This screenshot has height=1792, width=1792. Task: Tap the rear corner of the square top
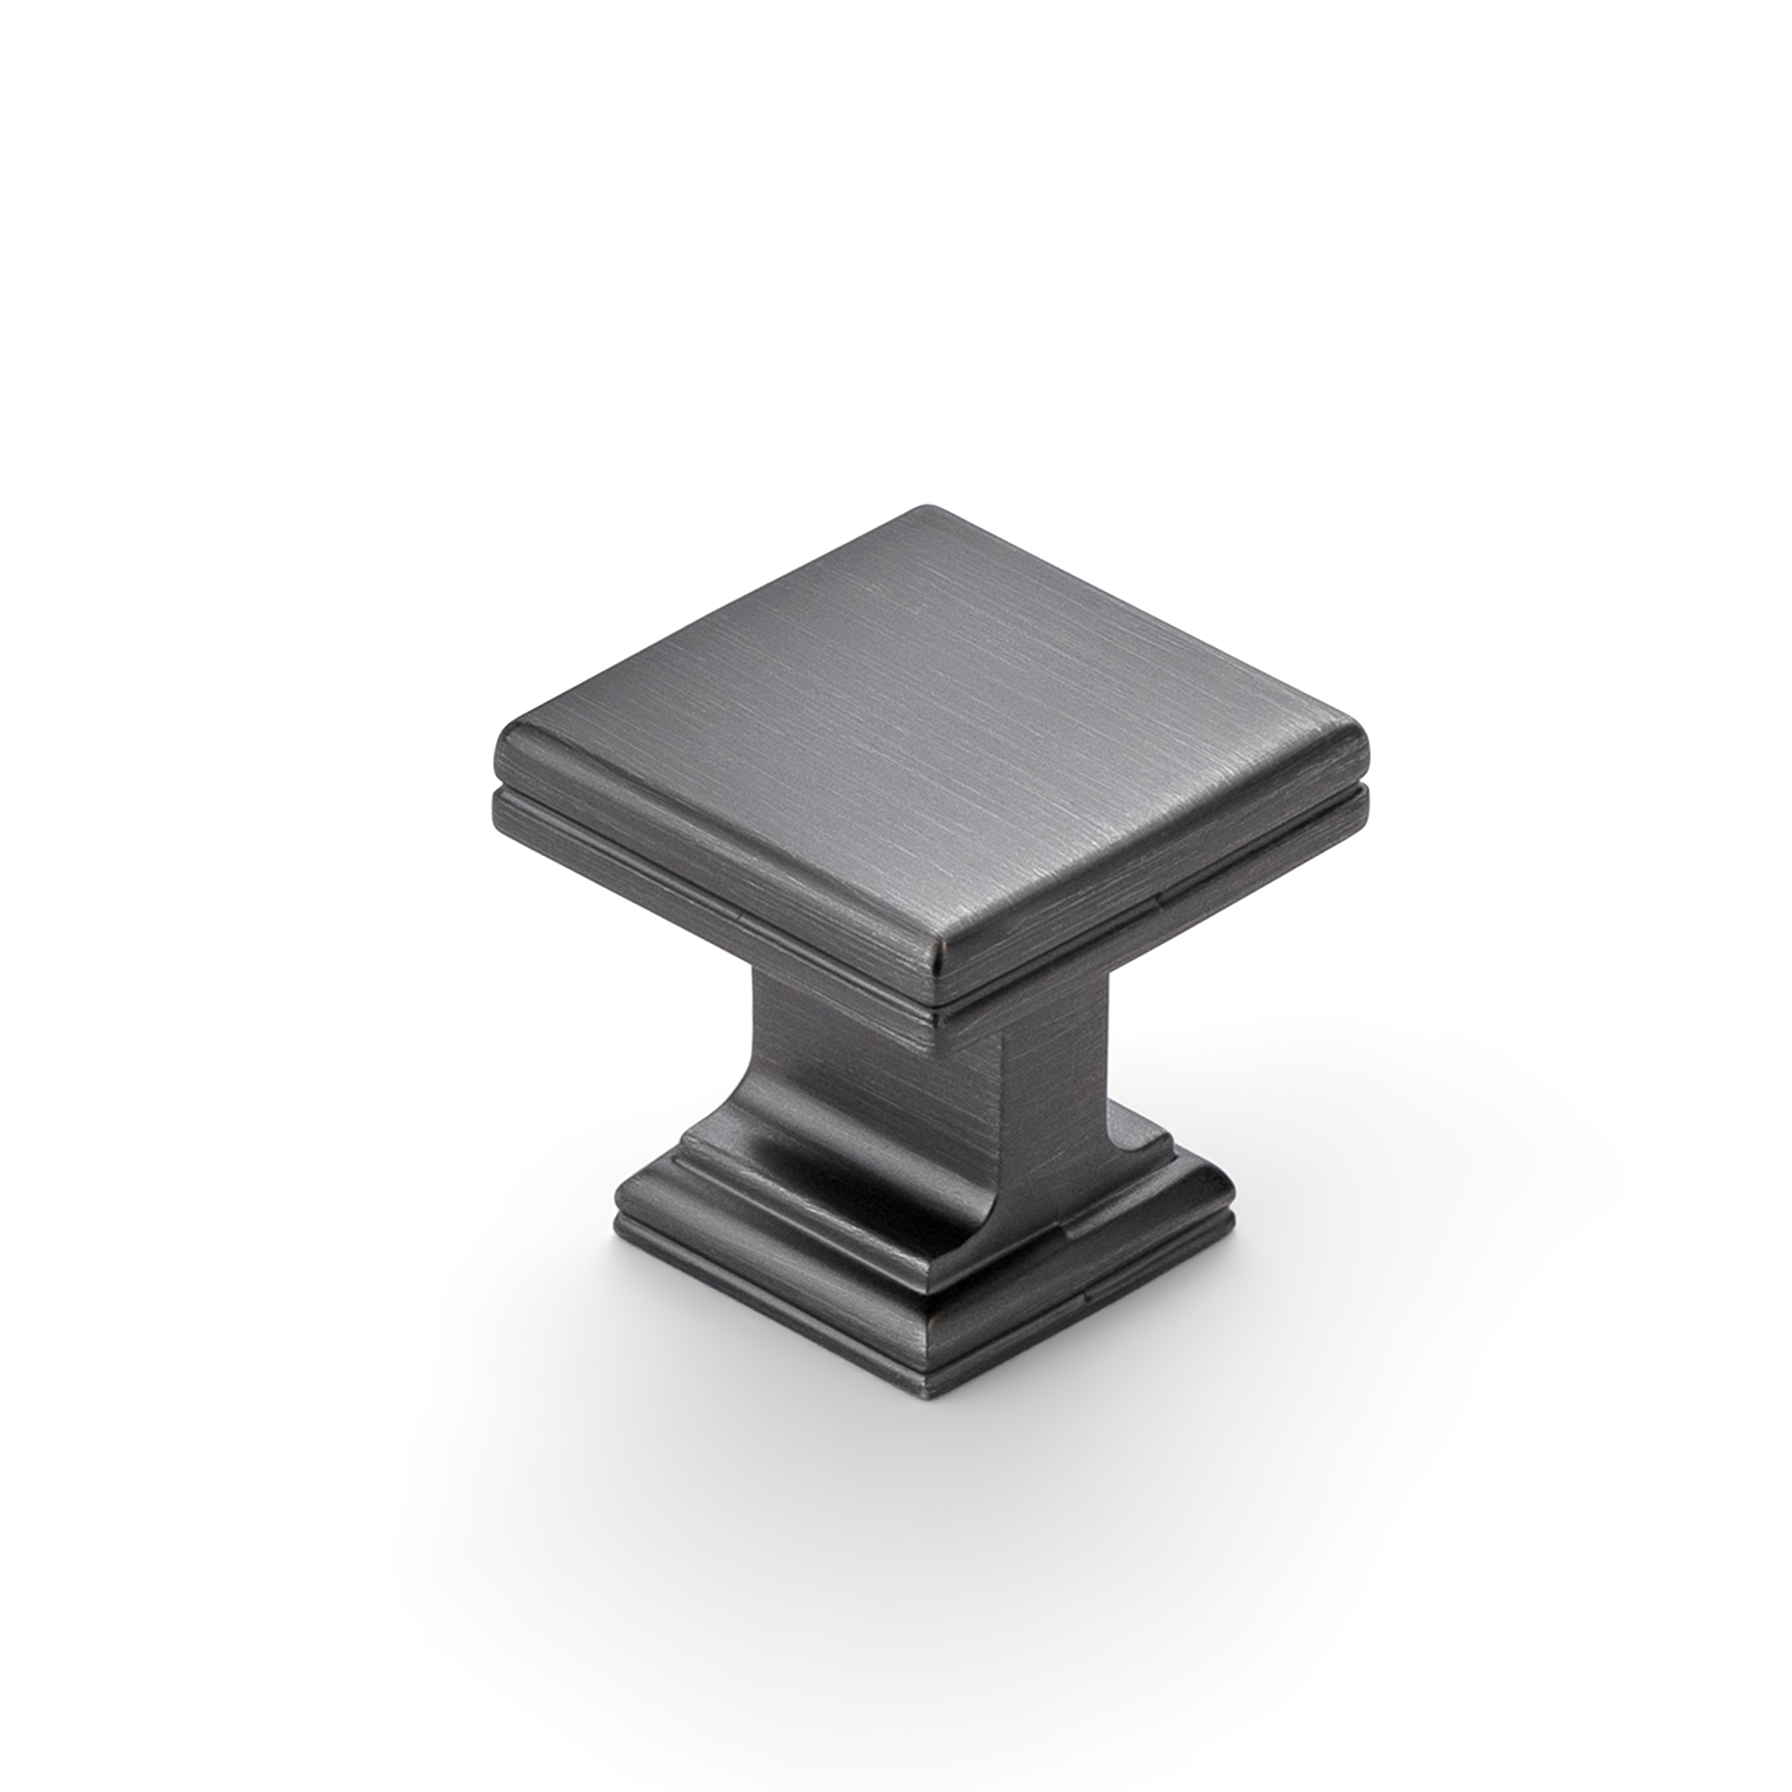coord(925,509)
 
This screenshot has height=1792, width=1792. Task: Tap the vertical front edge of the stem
coord(1000,1113)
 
